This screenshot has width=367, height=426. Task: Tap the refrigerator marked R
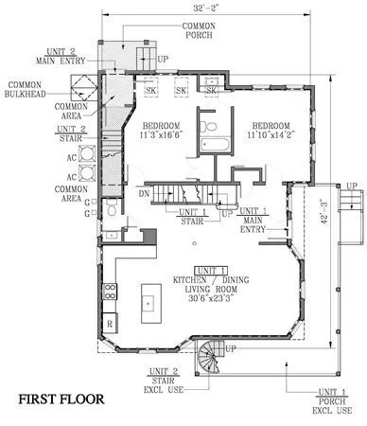pos(111,323)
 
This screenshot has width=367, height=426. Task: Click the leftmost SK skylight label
pos(151,91)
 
